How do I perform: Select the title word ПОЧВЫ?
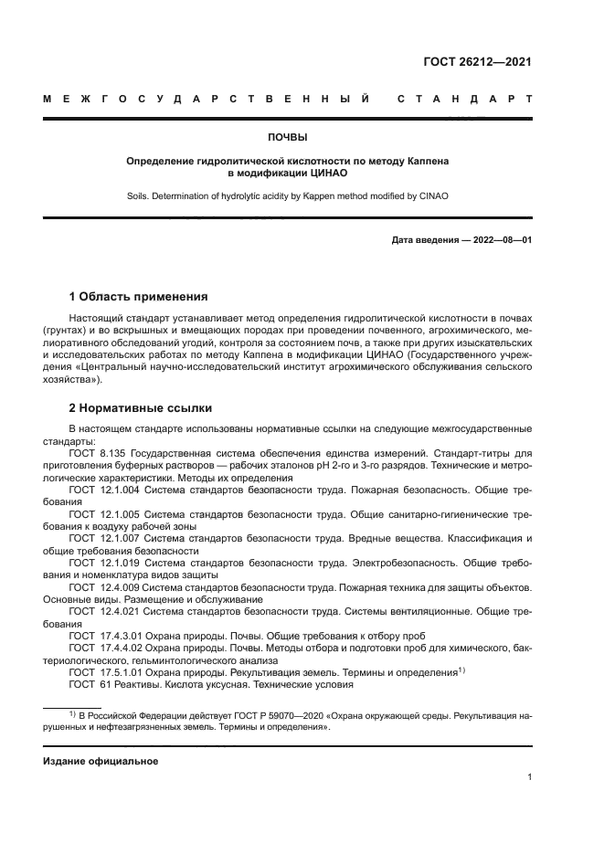[287, 138]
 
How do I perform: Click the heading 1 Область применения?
[138, 297]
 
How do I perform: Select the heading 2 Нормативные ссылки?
[141, 408]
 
